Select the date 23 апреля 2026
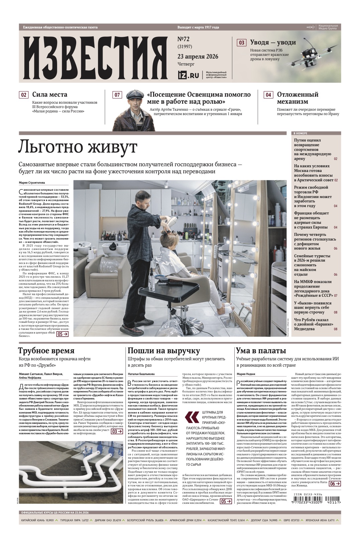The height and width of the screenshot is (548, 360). [x=198, y=56]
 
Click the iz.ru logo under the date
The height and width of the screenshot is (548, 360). [x=189, y=75]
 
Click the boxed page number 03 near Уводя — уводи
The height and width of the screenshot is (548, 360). [x=241, y=42]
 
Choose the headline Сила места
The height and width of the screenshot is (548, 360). [x=49, y=95]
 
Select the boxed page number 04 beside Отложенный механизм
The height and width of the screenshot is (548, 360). [x=268, y=95]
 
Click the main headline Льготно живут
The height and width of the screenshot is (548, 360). [x=78, y=147]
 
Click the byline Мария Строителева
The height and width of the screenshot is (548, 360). [x=32, y=183]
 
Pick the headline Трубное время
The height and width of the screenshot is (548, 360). [x=46, y=351]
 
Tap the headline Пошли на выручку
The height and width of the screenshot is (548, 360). [x=164, y=351]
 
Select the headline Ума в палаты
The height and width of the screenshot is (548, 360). [x=261, y=351]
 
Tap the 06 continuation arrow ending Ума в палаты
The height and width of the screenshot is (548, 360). [x=335, y=483]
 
